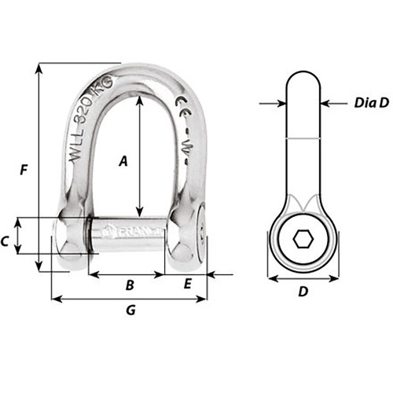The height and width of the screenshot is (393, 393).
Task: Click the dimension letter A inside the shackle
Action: [122, 162]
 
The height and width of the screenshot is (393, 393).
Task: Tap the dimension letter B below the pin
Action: [130, 285]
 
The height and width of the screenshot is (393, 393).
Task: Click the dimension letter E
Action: [187, 285]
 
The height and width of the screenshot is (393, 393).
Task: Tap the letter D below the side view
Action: [303, 292]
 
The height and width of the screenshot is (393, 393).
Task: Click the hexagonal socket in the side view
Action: [303, 240]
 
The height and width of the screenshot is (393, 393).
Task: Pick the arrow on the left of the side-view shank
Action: [279, 102]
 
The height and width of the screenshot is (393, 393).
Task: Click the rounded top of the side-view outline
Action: [303, 72]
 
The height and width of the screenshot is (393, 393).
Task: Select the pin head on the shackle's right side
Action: [193, 236]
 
